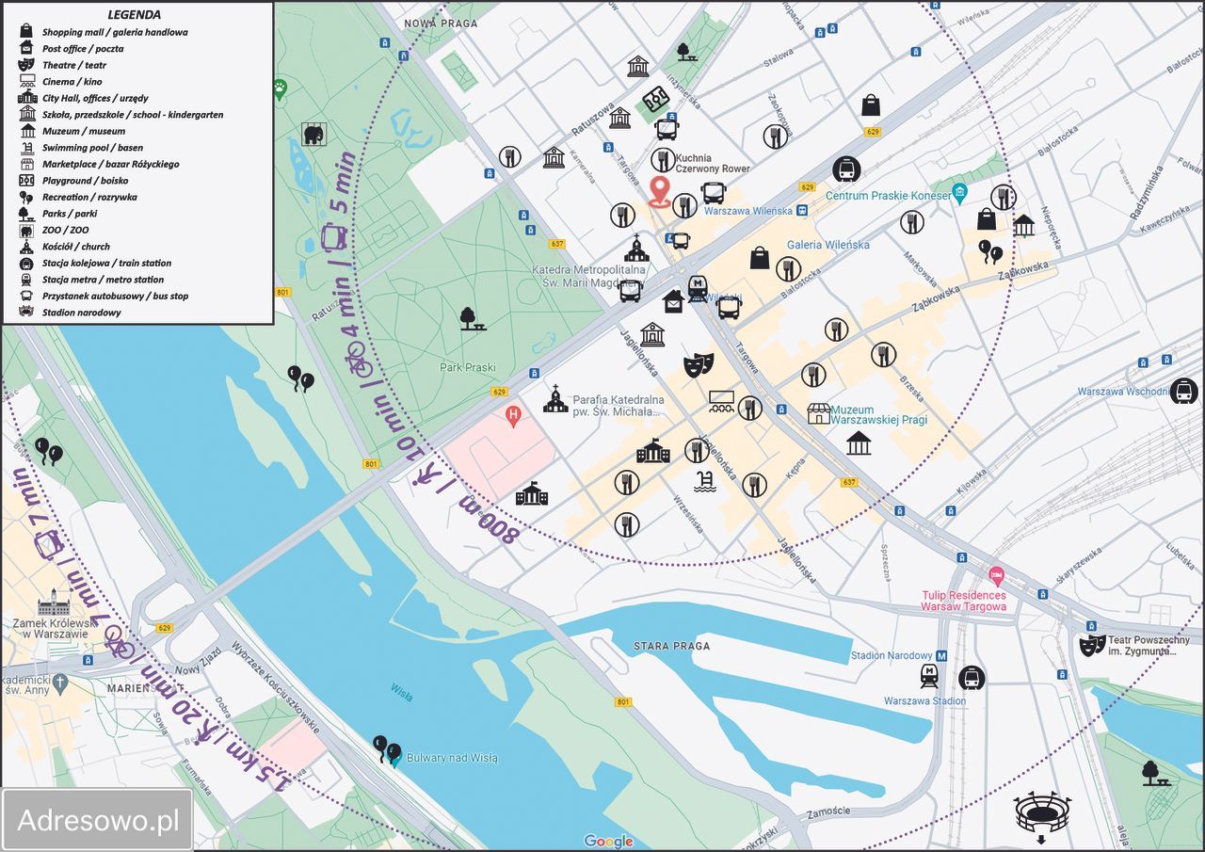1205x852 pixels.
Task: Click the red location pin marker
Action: (x=659, y=190)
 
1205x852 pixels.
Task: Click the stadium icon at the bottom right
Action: (x=1042, y=812)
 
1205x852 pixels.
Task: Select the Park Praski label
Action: (x=467, y=368)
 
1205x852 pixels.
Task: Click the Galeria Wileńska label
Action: (x=828, y=245)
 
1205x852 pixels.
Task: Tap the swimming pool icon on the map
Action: (x=703, y=482)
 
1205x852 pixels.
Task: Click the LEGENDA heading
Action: (x=134, y=15)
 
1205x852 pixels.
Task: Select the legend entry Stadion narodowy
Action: (x=81, y=313)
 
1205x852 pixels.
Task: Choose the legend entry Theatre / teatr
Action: (x=73, y=65)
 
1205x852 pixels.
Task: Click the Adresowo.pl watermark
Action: (x=98, y=820)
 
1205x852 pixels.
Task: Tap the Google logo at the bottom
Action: (x=608, y=841)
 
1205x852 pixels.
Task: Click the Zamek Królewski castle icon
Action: (x=55, y=602)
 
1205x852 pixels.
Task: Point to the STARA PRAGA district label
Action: (x=671, y=646)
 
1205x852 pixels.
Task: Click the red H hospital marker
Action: (x=513, y=414)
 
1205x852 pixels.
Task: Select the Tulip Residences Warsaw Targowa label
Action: (x=963, y=601)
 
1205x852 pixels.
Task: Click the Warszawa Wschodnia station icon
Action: (x=1183, y=391)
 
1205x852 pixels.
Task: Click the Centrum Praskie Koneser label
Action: (x=888, y=196)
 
